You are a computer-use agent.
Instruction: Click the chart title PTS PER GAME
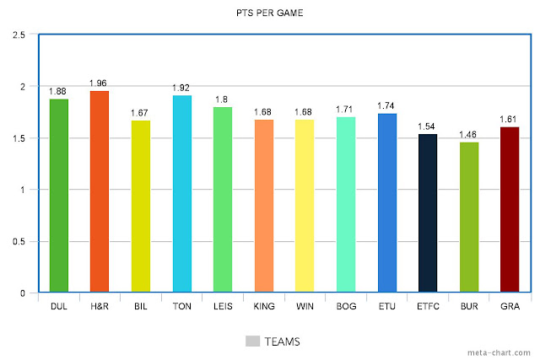click(270, 13)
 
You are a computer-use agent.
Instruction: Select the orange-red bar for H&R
click(100, 191)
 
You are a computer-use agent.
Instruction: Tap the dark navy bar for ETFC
click(428, 213)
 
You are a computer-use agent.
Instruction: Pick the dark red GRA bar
click(510, 210)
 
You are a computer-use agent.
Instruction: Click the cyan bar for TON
click(182, 193)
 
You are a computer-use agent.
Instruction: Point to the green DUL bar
click(59, 196)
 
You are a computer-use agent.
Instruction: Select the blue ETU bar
click(387, 202)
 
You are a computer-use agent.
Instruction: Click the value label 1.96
click(98, 83)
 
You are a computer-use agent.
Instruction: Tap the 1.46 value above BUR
click(467, 135)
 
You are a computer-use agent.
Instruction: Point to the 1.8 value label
click(221, 99)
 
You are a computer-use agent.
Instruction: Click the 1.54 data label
click(426, 126)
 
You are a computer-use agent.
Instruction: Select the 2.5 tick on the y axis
click(19, 35)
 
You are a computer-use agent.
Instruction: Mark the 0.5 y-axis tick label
click(19, 242)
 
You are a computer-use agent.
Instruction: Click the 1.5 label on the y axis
click(19, 138)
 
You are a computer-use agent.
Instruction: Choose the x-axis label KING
click(264, 306)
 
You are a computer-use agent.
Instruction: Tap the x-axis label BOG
click(346, 306)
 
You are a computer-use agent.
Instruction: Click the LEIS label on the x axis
click(223, 306)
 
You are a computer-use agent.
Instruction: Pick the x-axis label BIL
click(141, 306)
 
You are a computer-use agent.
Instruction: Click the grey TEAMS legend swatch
click(252, 341)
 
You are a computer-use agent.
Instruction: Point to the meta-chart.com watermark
click(499, 352)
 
